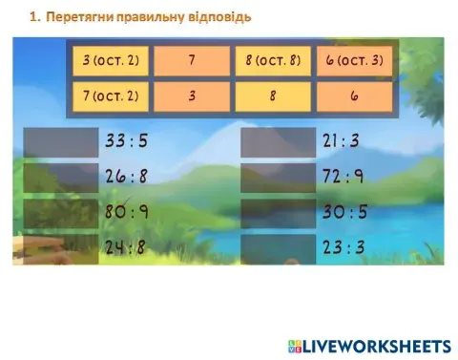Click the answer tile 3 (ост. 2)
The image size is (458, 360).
point(111,61)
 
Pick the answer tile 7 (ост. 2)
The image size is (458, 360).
point(111,96)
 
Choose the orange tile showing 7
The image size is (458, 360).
point(191,61)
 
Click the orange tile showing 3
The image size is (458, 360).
point(191,96)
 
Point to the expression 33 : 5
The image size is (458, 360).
point(127,142)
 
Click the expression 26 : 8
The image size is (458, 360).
point(127,178)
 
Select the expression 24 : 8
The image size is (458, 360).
point(127,248)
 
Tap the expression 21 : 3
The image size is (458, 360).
point(343,142)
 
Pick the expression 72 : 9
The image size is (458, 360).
point(343,178)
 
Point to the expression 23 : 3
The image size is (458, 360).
point(343,248)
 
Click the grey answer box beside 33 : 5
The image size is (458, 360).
point(62,142)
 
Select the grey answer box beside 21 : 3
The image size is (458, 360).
point(278,142)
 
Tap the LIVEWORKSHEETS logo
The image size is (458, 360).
point(367,345)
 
